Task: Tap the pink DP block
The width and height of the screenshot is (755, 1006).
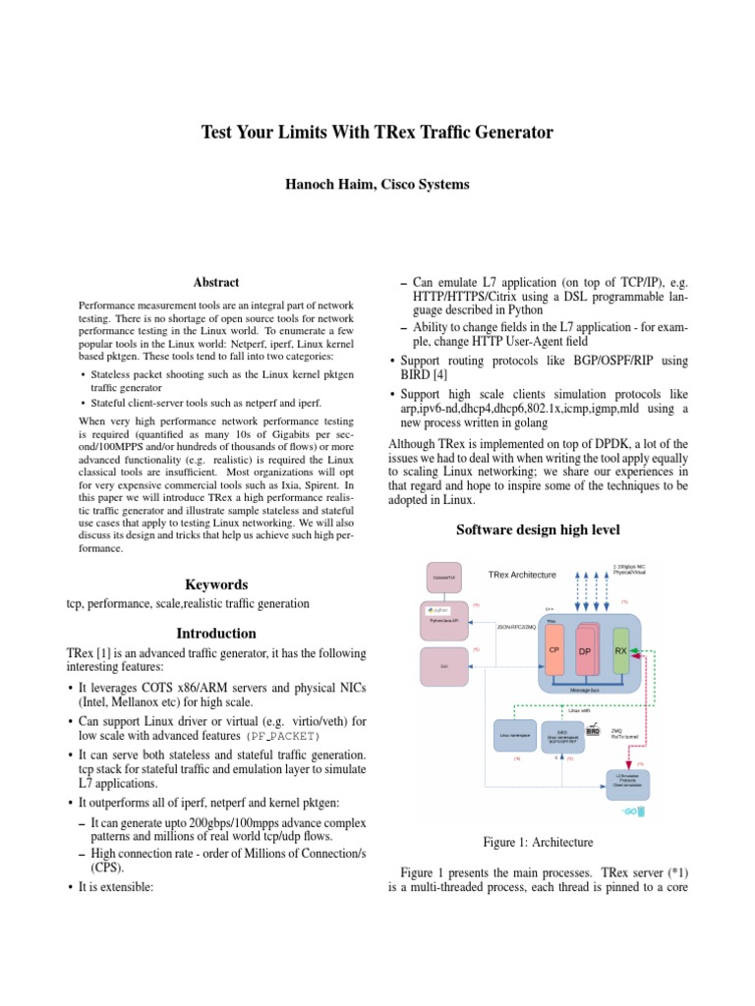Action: pyautogui.click(x=584, y=653)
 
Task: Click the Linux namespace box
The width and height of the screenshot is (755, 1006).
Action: pyautogui.click(x=513, y=736)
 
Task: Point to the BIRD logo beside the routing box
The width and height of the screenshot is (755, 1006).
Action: pyautogui.click(x=593, y=732)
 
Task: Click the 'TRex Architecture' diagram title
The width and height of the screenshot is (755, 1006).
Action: pyautogui.click(x=522, y=575)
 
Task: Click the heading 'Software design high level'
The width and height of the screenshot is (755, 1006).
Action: pyautogui.click(x=539, y=531)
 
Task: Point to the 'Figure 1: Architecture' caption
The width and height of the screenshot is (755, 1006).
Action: pyautogui.click(x=539, y=843)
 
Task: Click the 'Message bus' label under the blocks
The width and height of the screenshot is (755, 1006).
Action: pyautogui.click(x=587, y=690)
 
